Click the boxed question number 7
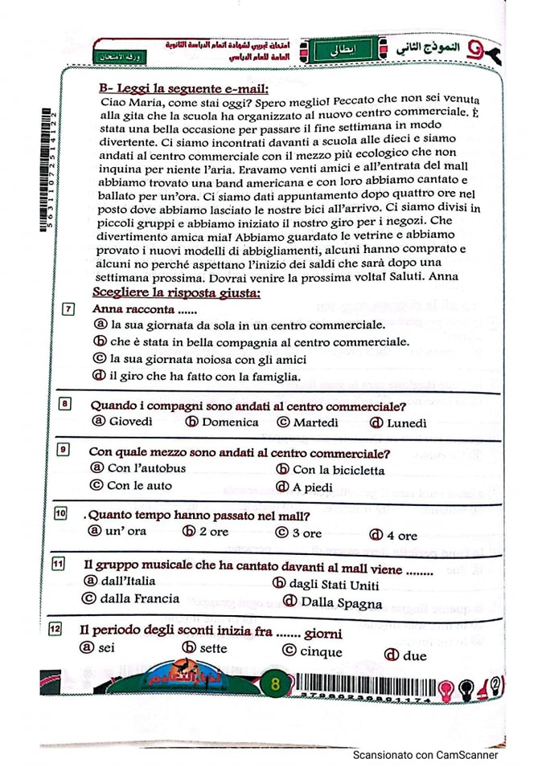69,309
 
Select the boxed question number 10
60,513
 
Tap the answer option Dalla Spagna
346,602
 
